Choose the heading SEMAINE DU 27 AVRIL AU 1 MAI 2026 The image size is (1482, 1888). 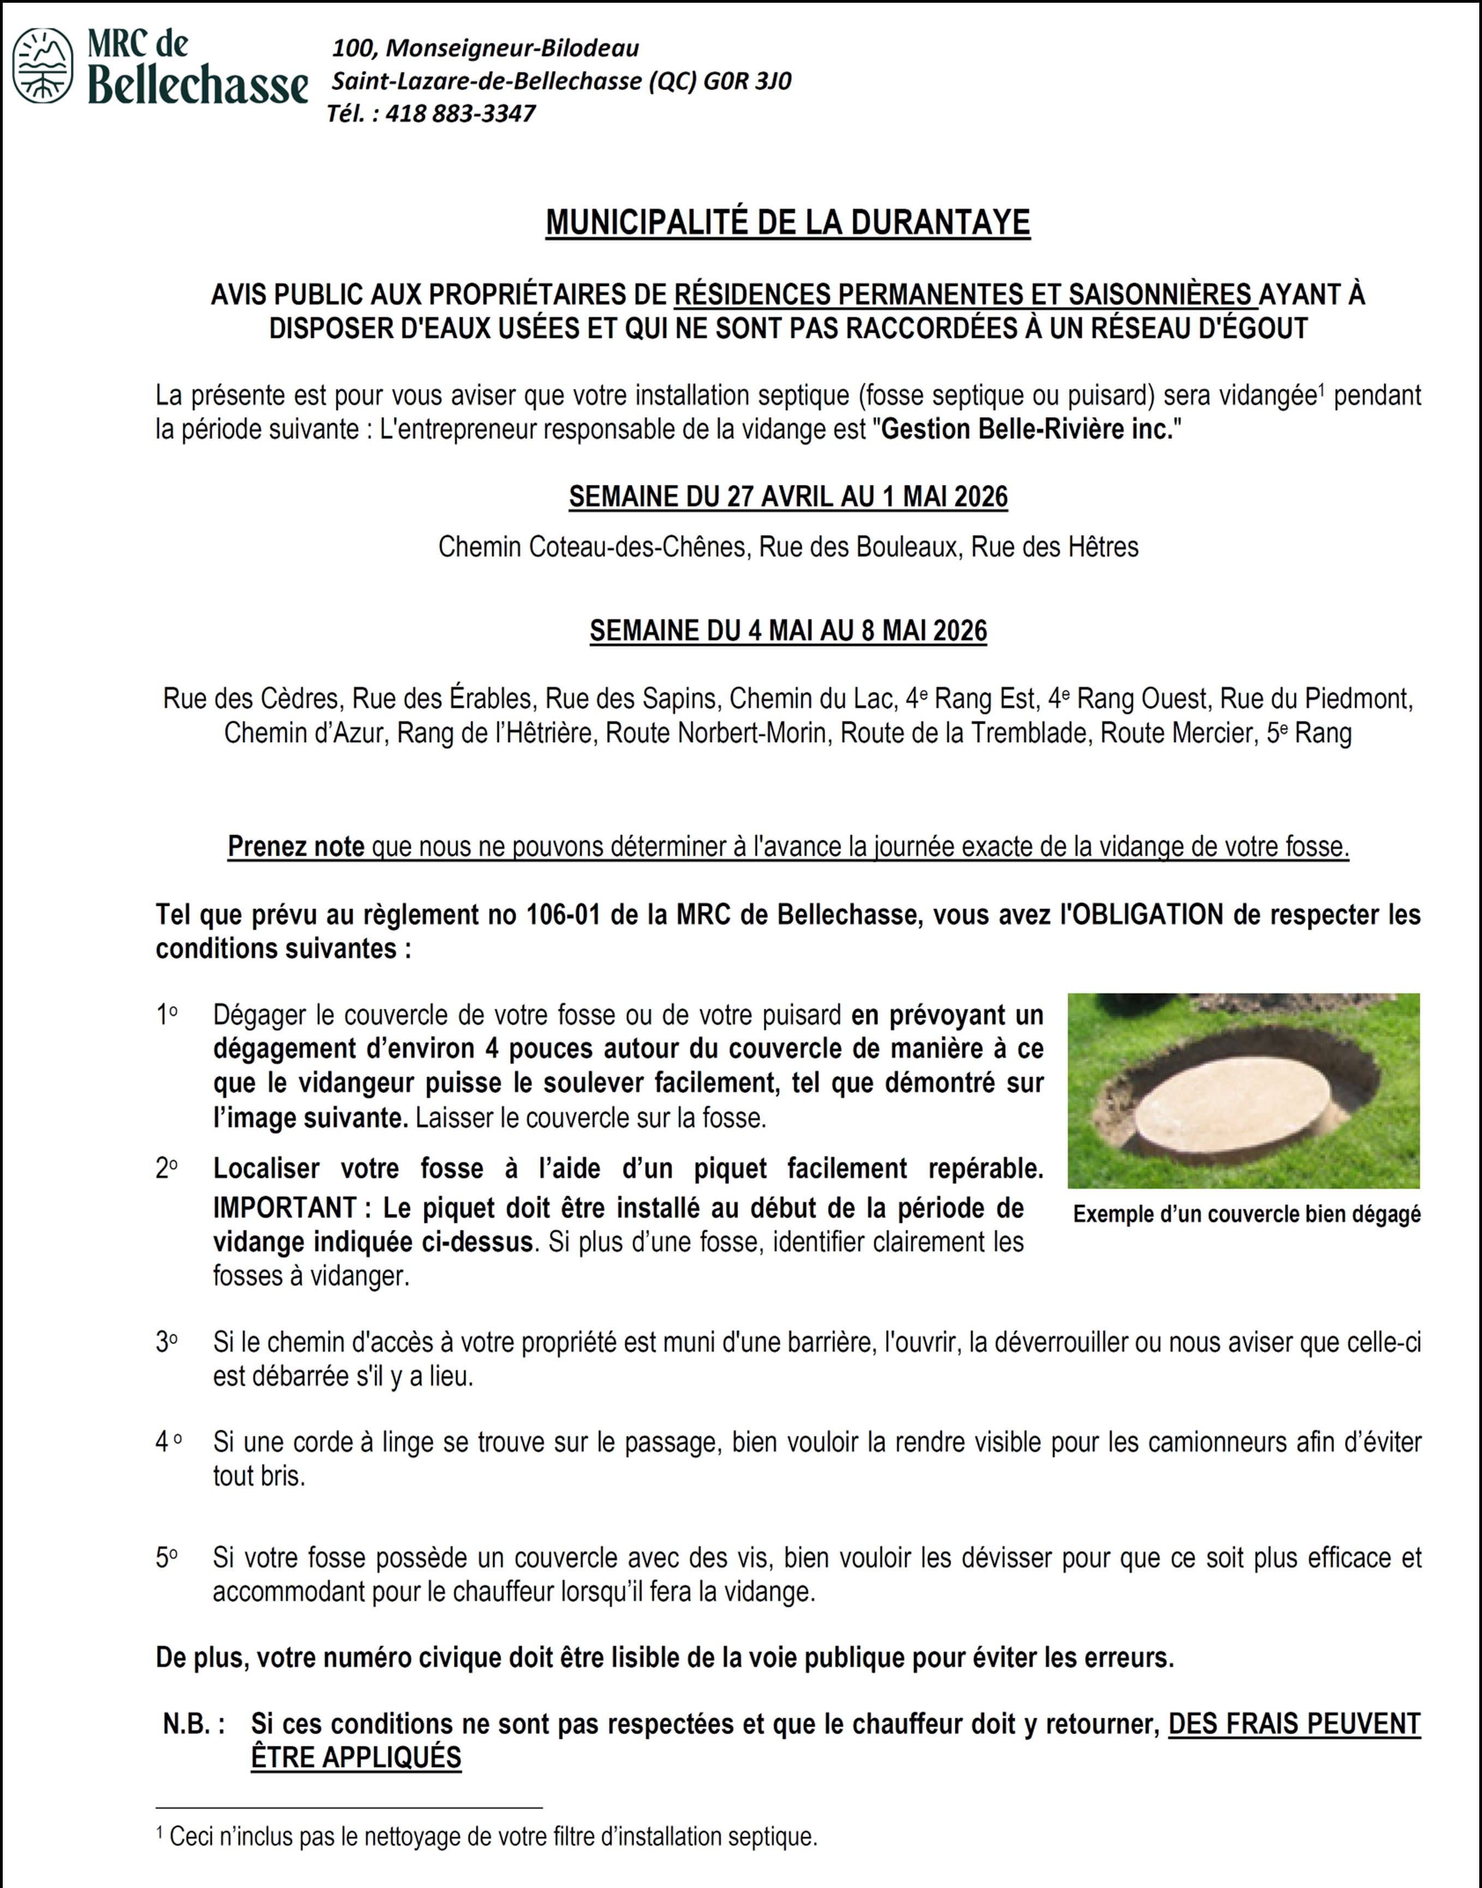[x=788, y=497]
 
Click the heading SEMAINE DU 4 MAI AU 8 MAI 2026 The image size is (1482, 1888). [x=788, y=631]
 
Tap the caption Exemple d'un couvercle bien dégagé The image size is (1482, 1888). [x=1246, y=1215]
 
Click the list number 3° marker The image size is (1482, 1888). [x=166, y=1343]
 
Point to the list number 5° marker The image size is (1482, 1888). [x=166, y=1558]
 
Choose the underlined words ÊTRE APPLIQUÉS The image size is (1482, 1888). [x=356, y=1758]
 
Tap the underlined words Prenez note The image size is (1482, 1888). [x=296, y=847]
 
